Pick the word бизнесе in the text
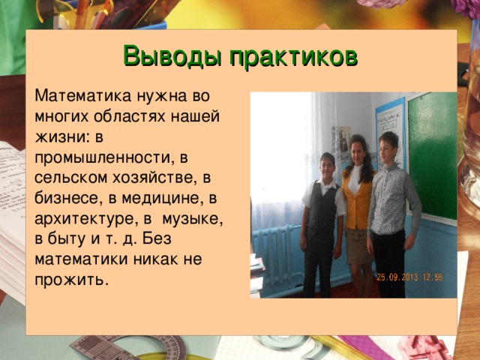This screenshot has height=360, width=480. (x=67, y=198)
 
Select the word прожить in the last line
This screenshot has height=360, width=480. (x=70, y=280)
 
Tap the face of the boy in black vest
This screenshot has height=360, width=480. (x=326, y=164)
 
